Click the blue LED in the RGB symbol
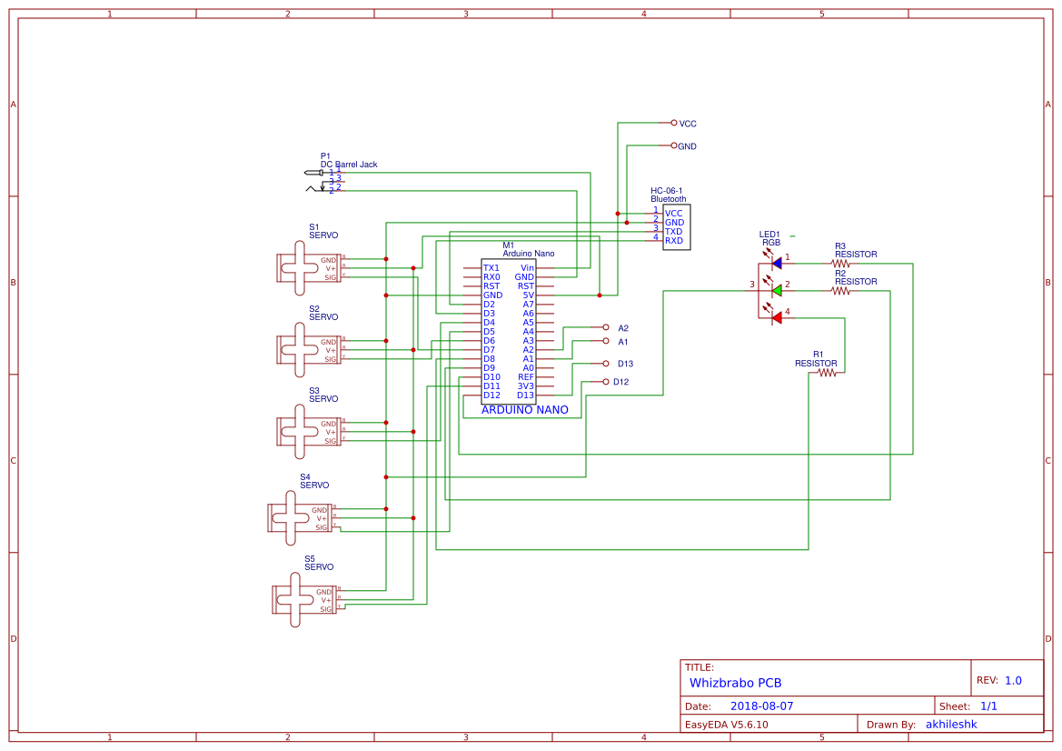point(776,263)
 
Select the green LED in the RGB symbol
point(776,290)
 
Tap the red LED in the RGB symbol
point(776,317)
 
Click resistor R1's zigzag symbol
point(825,372)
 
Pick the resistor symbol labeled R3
point(840,263)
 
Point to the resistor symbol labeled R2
point(840,291)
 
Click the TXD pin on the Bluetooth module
point(673,232)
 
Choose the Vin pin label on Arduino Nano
point(527,268)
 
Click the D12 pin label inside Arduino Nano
point(491,396)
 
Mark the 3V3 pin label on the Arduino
point(525,386)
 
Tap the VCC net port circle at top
point(673,122)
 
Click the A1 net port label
point(623,342)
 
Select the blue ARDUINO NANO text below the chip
point(524,410)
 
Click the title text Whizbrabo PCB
point(735,682)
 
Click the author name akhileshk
point(951,725)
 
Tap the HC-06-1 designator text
point(666,191)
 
